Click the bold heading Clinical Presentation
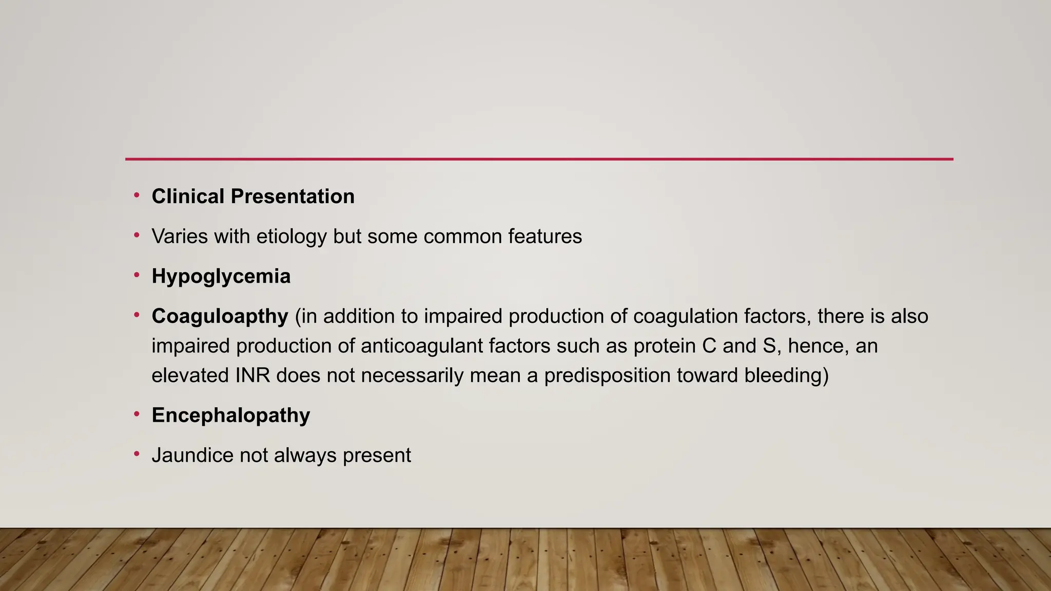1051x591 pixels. pyautogui.click(x=252, y=196)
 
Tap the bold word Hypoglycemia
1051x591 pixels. pyautogui.click(x=221, y=277)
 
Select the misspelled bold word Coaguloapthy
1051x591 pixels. pyautogui.click(x=220, y=317)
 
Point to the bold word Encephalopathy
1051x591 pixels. pyautogui.click(x=230, y=415)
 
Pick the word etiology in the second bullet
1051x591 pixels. pyautogui.click(x=291, y=237)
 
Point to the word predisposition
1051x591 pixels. pyautogui.click(x=607, y=376)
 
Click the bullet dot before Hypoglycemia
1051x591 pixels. pyautogui.click(x=137, y=275)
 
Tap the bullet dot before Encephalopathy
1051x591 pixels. pyautogui.click(x=137, y=414)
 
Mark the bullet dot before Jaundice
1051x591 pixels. pyautogui.click(x=137, y=454)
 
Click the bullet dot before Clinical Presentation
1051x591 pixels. pyautogui.click(x=137, y=195)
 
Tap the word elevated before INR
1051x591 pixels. pyautogui.click(x=190, y=376)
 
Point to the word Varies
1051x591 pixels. pyautogui.click(x=180, y=237)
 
